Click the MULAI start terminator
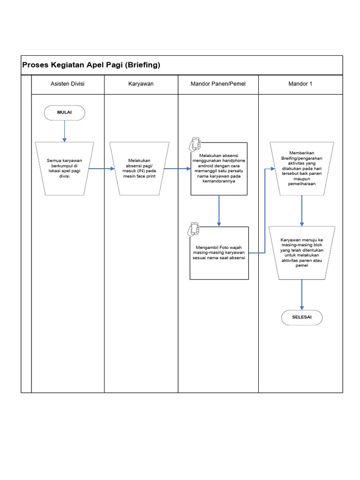(x=64, y=112)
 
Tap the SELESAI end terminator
(x=301, y=317)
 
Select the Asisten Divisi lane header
(x=67, y=84)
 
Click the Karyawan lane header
(x=141, y=84)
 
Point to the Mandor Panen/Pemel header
(x=218, y=84)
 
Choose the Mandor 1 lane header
(x=300, y=84)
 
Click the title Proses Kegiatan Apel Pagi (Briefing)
(x=91, y=65)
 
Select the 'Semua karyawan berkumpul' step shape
(x=64, y=168)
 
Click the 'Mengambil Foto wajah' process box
(x=219, y=253)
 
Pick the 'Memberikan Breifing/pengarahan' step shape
(x=302, y=168)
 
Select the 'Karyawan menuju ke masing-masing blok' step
(x=302, y=252)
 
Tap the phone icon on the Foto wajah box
(x=194, y=229)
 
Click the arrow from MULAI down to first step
(x=64, y=131)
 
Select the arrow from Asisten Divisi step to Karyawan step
(x=101, y=168)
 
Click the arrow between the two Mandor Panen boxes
(x=219, y=210)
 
